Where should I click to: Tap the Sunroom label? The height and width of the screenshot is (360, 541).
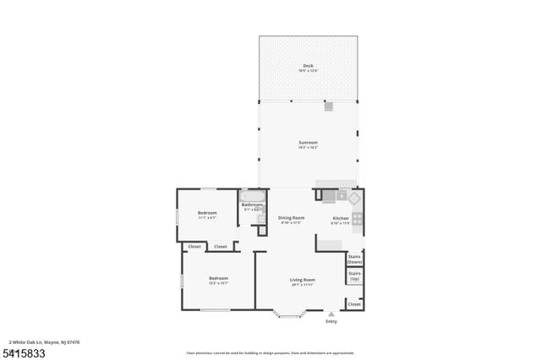(x=308, y=143)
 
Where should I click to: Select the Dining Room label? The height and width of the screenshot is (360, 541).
(x=290, y=218)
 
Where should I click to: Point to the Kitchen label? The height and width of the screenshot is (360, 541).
(x=340, y=218)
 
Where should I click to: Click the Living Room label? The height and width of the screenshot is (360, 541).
(x=303, y=280)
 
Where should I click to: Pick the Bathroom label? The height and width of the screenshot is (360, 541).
(x=252, y=205)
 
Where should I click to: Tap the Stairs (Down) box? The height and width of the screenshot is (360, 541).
(x=355, y=259)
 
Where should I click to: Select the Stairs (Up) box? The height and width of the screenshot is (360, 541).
(x=355, y=276)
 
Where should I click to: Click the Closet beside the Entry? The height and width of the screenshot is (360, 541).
(x=354, y=303)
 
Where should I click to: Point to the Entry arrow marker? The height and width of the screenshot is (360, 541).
(x=331, y=314)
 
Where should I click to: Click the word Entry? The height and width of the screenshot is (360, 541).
(x=331, y=321)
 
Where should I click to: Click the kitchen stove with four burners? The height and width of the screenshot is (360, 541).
(x=358, y=221)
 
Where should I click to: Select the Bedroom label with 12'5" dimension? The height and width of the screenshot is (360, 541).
(x=218, y=278)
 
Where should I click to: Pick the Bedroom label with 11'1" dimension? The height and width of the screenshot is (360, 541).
(x=207, y=213)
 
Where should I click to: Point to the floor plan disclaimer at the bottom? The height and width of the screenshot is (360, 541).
(x=270, y=352)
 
